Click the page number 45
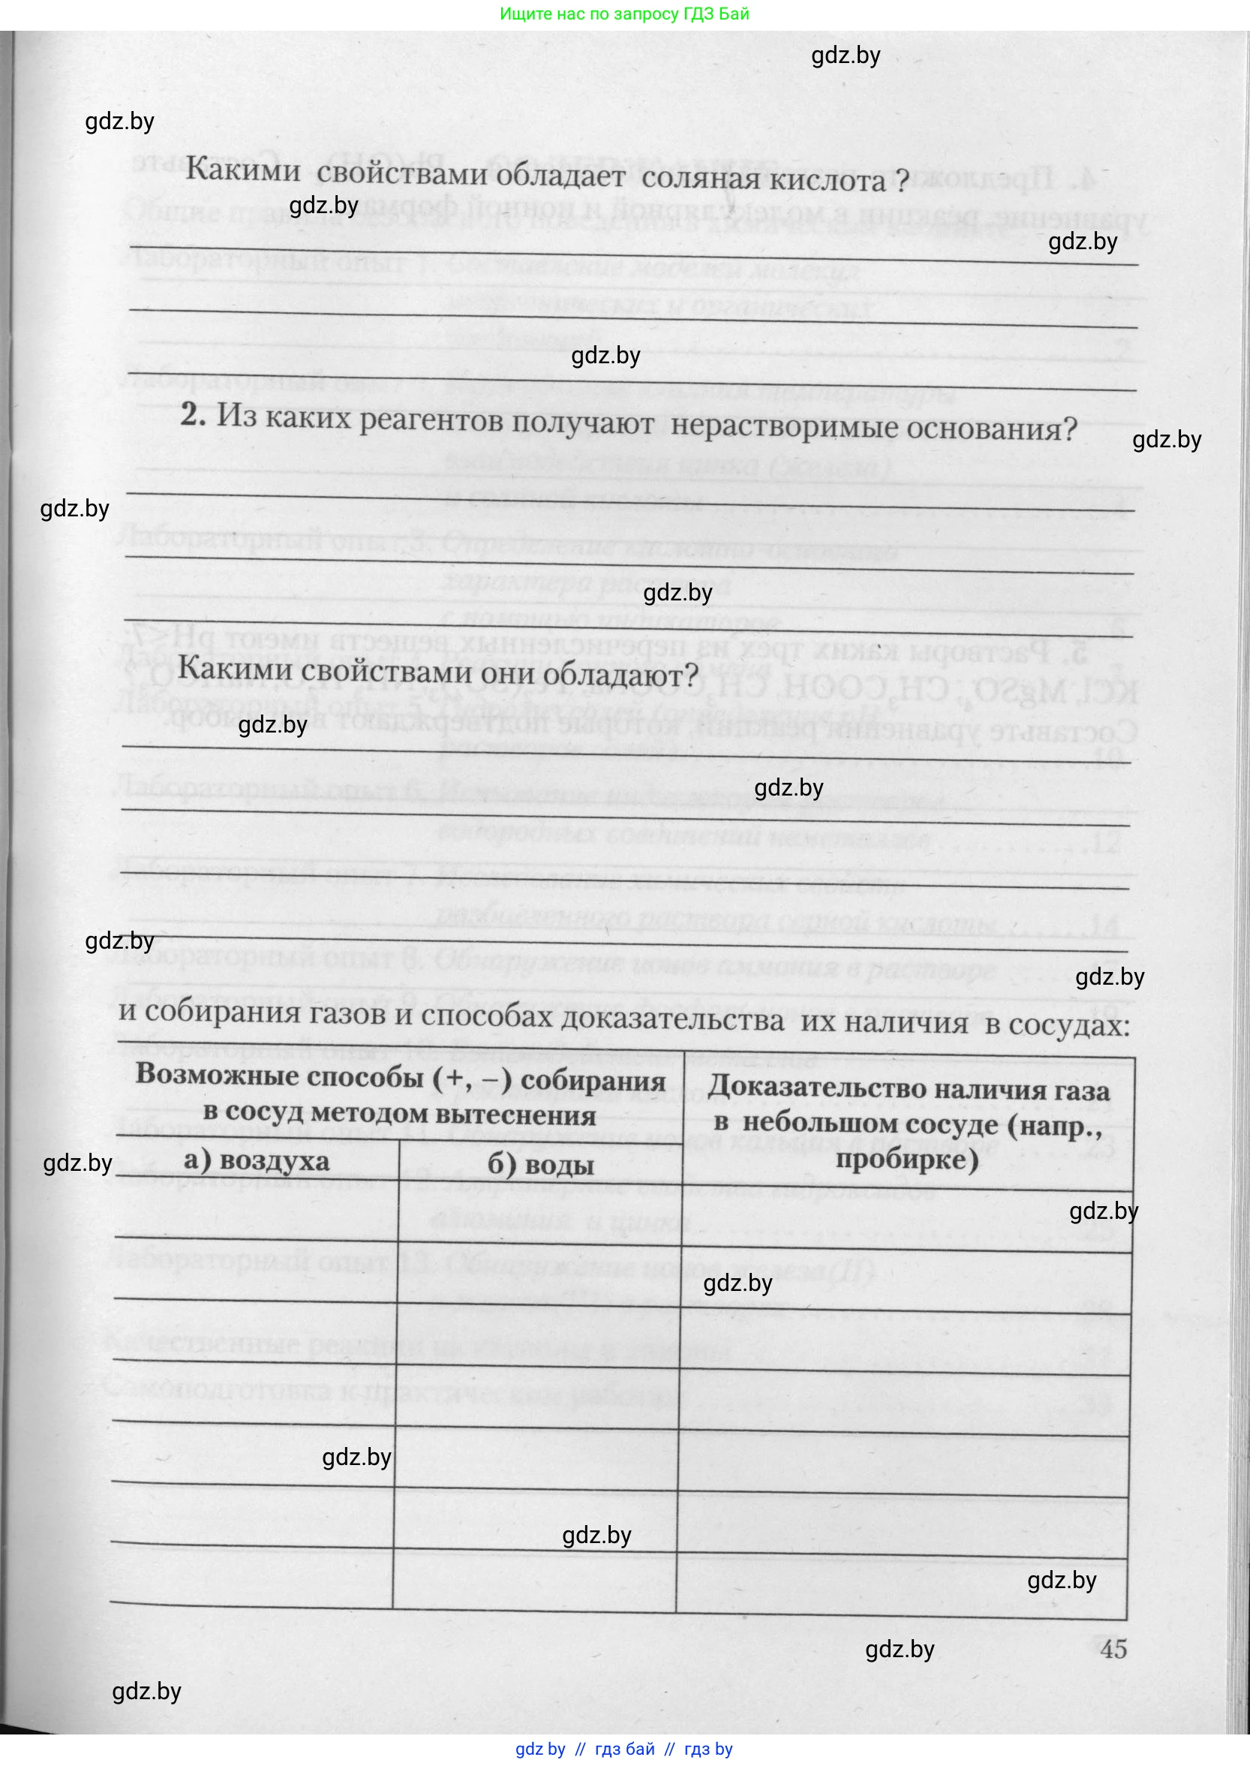[1113, 1649]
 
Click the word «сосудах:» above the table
[1068, 1024]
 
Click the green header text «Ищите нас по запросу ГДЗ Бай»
[624, 14]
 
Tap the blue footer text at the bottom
[623, 1749]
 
